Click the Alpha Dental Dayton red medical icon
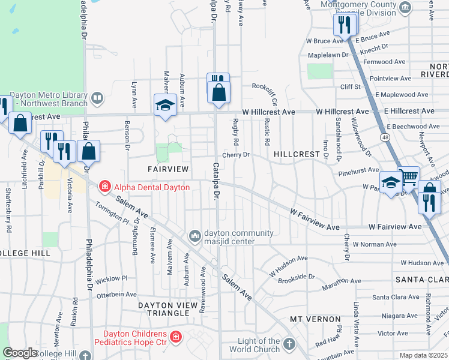[105, 187]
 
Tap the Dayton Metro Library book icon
[97, 97]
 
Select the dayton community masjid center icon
[194, 235]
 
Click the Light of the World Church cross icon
[289, 344]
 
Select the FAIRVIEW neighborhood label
[169, 170]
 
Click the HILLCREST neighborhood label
[297, 154]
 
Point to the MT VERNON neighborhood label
[315, 319]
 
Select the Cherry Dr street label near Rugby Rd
[235, 155]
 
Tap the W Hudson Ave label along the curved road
[288, 264]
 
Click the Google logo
[20, 353]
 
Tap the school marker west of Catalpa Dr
[165, 105]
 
